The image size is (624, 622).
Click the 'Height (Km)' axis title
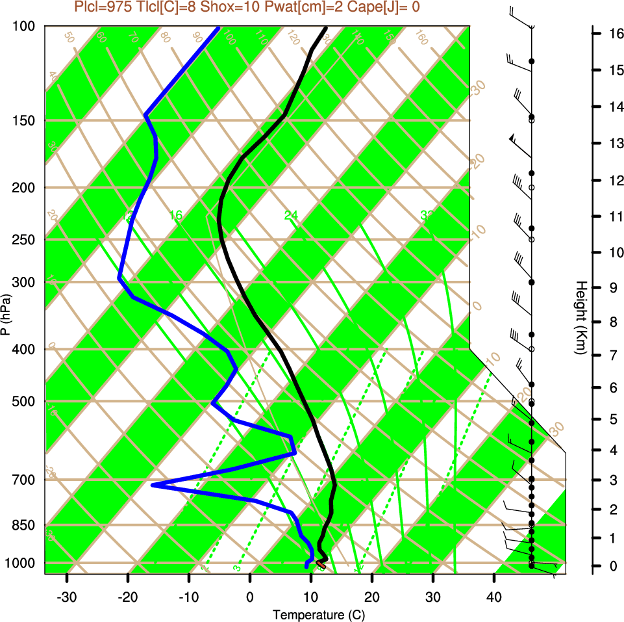[581, 318]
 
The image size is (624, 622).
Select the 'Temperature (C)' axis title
[314, 614]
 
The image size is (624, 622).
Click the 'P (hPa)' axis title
[6, 315]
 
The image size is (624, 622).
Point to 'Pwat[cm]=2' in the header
[292, 6]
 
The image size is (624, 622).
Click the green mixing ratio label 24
[291, 215]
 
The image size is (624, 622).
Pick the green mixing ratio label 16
[176, 215]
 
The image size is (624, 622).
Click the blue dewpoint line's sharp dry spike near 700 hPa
[153, 485]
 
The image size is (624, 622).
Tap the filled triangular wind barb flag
[513, 138]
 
